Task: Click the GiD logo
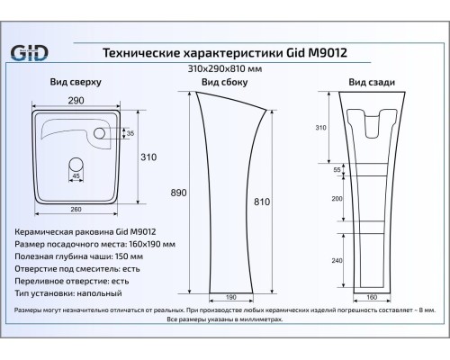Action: pyautogui.click(x=29, y=53)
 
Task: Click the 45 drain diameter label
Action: pyautogui.click(x=76, y=175)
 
